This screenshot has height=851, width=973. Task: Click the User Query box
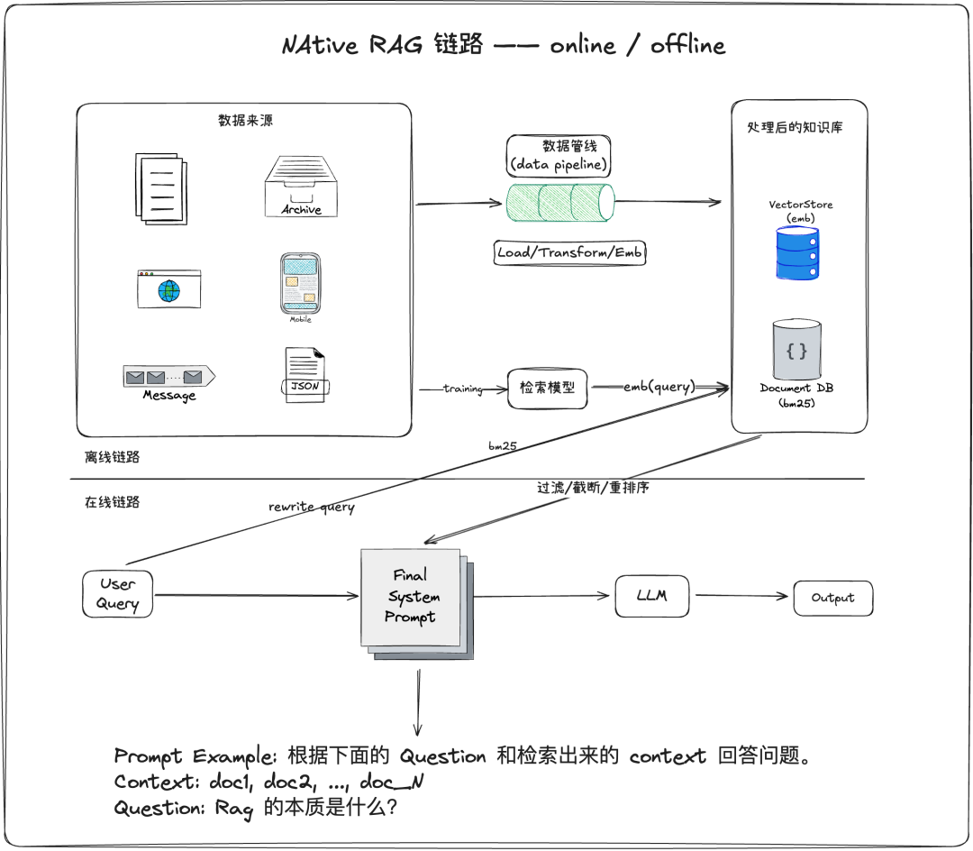117,594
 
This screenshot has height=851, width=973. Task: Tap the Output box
832,598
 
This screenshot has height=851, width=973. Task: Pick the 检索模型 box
548,388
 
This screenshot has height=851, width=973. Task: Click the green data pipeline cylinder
559,203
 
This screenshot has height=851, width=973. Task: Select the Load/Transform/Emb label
570,252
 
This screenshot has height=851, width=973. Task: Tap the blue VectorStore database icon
797,252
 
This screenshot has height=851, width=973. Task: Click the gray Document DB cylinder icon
796,350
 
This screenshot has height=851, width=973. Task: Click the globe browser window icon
168,289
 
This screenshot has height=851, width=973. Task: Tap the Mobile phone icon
300,284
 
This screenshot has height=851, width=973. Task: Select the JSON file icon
304,375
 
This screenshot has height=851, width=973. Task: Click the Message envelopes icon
168,377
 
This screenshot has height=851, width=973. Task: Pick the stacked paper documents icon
163,188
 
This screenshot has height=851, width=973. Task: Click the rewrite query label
312,507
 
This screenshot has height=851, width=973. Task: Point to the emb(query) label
659,387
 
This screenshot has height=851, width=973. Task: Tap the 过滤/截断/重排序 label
593,488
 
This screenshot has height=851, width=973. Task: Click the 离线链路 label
113,457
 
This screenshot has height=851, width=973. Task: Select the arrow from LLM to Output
743,596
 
